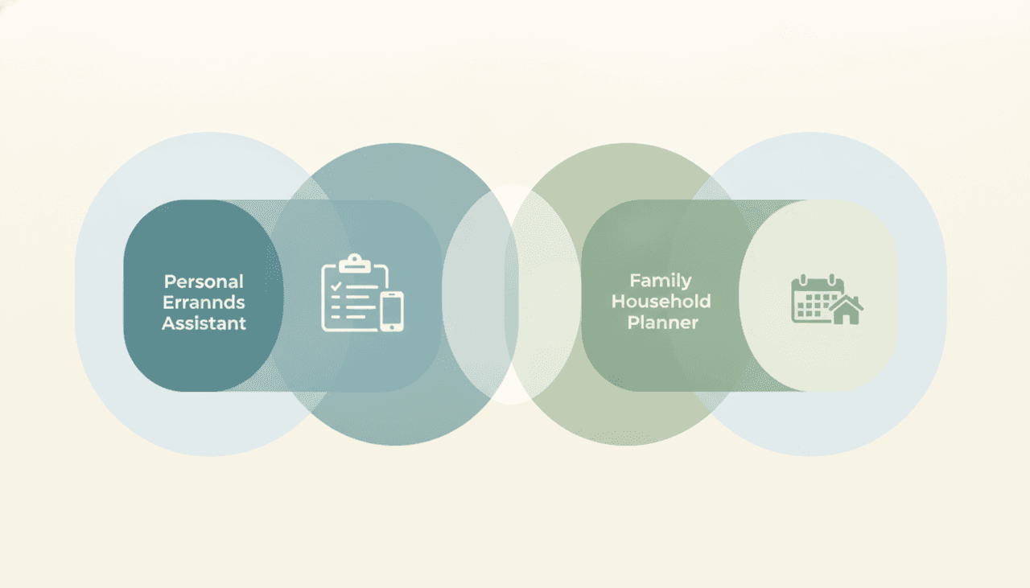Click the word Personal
[x=204, y=282]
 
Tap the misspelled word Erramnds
[x=204, y=302]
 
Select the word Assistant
[x=204, y=323]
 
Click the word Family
[x=661, y=281]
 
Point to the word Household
[x=661, y=302]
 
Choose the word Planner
[x=662, y=323]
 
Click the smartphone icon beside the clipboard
[x=392, y=311]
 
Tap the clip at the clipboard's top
[x=355, y=263]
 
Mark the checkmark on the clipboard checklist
[x=336, y=286]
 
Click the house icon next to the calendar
[x=846, y=310]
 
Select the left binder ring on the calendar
[x=803, y=280]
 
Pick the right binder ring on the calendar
[x=831, y=280]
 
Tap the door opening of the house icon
[x=846, y=319]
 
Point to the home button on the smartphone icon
[x=392, y=327]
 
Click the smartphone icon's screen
[x=392, y=310]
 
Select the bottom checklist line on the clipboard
[x=356, y=317]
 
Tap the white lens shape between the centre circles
[x=511, y=294]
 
